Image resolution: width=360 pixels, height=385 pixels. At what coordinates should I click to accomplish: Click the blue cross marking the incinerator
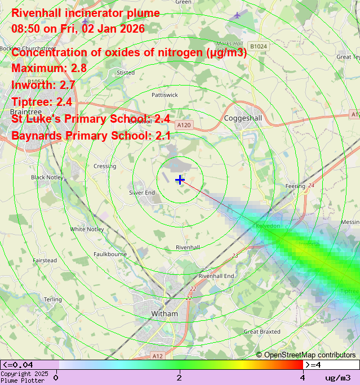(x=180, y=180)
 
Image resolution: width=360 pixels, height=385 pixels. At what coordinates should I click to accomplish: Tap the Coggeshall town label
(x=243, y=118)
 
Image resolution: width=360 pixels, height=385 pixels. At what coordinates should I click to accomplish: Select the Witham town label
(x=165, y=314)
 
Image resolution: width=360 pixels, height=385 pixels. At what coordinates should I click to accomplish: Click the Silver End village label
(x=142, y=192)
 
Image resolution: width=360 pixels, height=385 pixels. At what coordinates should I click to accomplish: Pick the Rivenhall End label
(x=216, y=276)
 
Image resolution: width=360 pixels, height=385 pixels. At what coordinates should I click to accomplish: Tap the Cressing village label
(x=105, y=166)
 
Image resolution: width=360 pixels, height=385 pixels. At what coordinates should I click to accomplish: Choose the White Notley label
(x=87, y=229)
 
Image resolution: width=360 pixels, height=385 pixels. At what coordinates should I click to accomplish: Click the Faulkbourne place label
(x=110, y=254)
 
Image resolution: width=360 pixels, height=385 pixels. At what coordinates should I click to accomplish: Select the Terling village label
(x=53, y=299)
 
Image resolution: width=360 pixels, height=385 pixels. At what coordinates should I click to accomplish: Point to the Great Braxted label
(x=261, y=332)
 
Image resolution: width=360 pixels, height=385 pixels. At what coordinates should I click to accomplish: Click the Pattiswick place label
(x=165, y=95)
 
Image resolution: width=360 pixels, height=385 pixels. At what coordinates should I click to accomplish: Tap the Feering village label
(x=295, y=186)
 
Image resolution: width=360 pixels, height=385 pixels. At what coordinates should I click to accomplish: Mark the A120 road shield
(x=184, y=124)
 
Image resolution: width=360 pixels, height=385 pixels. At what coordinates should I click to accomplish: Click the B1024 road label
(x=259, y=46)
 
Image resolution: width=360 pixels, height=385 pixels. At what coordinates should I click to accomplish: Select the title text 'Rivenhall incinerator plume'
(x=86, y=13)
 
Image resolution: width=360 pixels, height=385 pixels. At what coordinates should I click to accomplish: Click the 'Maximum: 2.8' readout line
(x=49, y=68)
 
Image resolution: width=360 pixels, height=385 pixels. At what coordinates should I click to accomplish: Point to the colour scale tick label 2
(x=179, y=377)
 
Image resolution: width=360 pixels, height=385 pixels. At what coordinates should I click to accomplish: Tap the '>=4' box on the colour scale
(x=314, y=365)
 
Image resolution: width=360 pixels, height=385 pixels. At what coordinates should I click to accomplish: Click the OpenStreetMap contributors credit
(x=306, y=355)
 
